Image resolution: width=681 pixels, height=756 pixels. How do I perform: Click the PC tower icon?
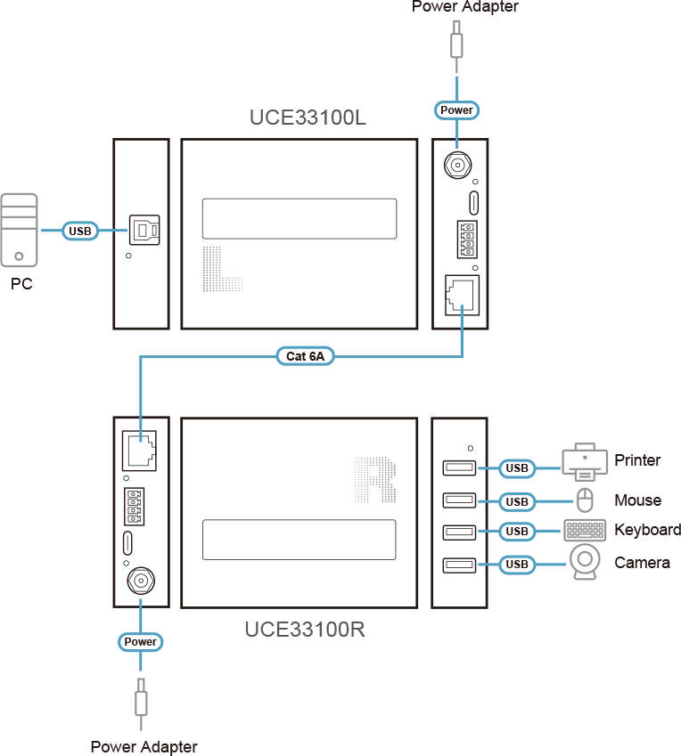20,230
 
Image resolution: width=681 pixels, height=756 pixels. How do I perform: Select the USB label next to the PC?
79,232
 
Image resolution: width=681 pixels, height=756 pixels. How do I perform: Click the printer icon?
585,461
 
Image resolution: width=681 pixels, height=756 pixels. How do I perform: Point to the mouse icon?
585,500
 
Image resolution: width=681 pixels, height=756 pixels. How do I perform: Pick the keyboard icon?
585,531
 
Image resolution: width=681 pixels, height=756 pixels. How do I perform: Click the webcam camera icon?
585,563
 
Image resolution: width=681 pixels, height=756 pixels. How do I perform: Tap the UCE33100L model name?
308,118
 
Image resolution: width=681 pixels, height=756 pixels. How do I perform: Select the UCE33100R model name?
305,630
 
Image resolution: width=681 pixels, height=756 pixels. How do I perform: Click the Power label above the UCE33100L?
457,110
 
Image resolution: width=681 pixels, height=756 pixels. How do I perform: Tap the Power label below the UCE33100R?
140,642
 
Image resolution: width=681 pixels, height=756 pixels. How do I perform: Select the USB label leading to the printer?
517,468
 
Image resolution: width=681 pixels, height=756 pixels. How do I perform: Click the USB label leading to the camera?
517,565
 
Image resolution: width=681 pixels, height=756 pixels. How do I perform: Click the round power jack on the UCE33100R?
140,581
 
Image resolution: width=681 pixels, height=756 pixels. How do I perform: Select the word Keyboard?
647,530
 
